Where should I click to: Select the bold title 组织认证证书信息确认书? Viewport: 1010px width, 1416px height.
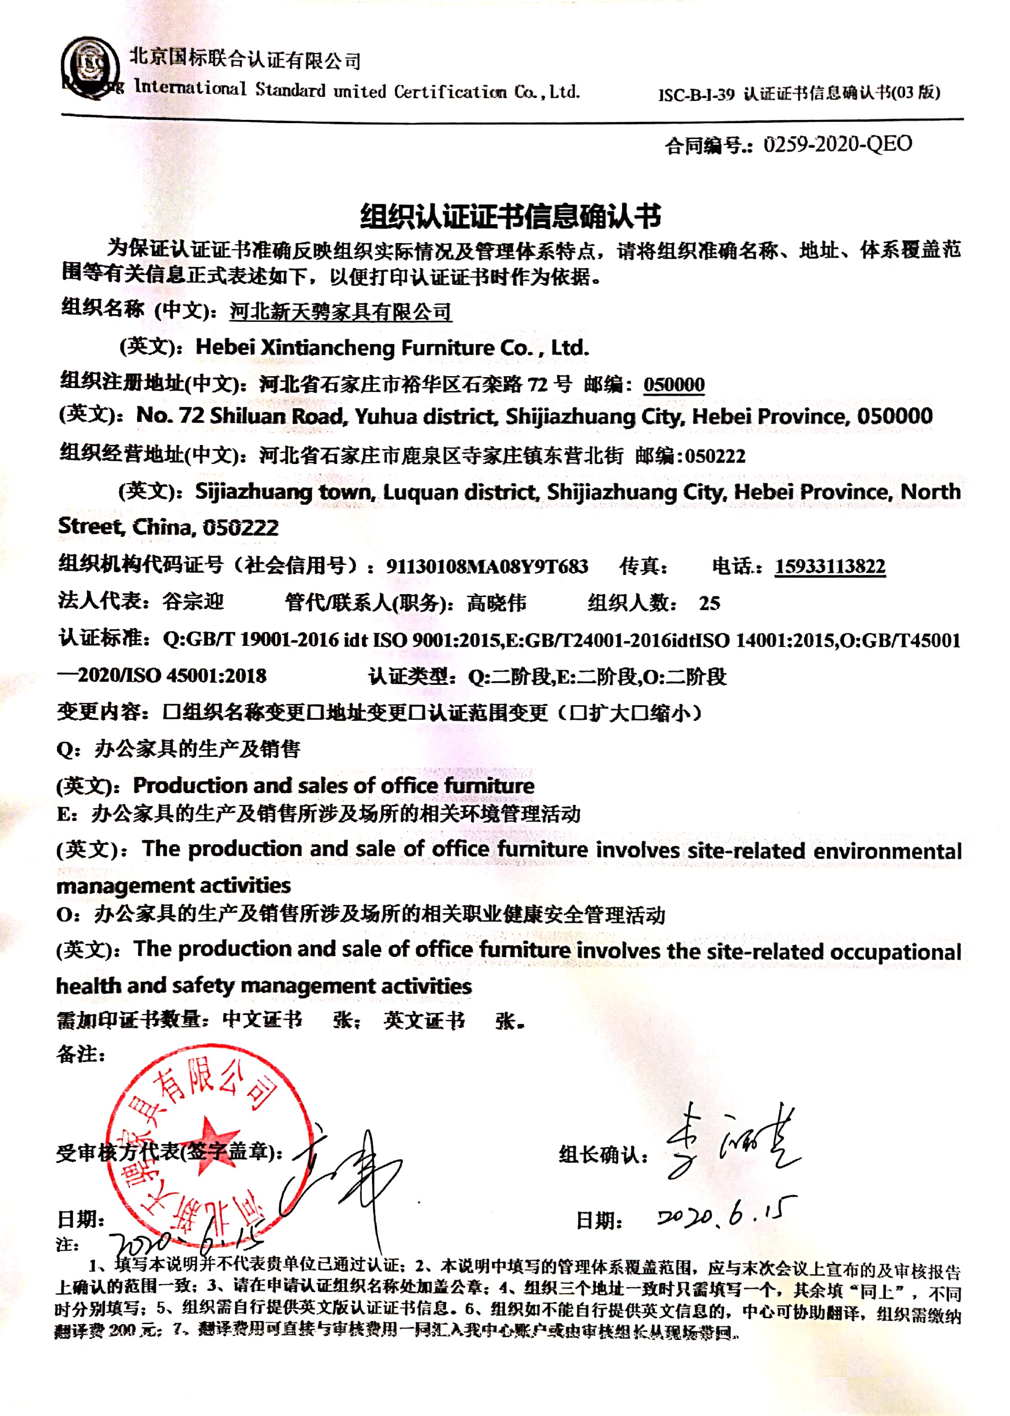coord(510,216)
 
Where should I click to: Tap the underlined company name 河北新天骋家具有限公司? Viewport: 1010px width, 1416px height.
coord(340,311)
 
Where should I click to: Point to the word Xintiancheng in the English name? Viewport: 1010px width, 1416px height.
coord(327,347)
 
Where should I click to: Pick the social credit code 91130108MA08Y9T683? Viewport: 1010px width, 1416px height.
coord(487,566)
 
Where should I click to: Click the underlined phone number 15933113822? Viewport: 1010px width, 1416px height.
coord(829,566)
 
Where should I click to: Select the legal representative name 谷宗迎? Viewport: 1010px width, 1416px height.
coord(193,602)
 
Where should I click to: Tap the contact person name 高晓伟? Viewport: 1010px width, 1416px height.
coord(496,602)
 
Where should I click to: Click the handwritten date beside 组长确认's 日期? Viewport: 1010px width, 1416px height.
coord(726,1214)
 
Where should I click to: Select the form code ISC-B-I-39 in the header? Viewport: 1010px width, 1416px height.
coord(696,95)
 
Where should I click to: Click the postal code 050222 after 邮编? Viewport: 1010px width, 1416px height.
coord(715,456)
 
